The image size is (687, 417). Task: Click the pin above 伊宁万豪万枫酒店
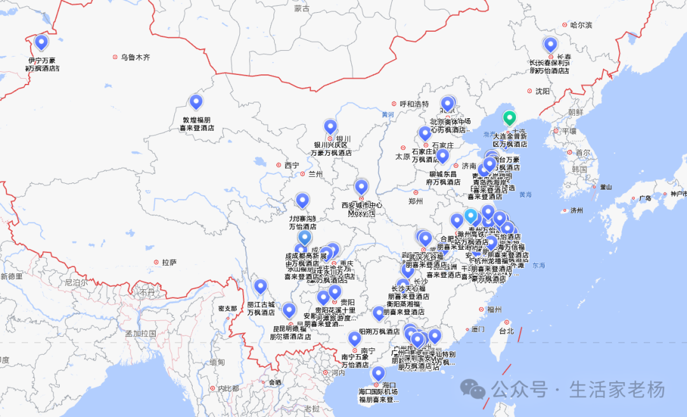[x=41, y=43]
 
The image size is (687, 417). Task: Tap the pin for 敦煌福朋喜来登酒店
[x=196, y=102]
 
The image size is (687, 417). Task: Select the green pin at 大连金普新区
[x=509, y=118]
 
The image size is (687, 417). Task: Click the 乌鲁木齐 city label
[x=135, y=57]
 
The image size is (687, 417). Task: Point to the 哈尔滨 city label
[x=581, y=25]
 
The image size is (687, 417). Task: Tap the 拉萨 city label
[x=169, y=262]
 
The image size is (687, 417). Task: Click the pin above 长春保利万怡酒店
[x=550, y=44]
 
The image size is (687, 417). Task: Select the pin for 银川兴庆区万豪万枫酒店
[x=330, y=126]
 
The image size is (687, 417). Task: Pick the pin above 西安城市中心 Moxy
[x=361, y=187]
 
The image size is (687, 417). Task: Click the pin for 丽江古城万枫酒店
[x=260, y=287]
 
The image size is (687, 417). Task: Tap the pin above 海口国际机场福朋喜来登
[x=378, y=374]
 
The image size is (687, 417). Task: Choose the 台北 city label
[x=506, y=331]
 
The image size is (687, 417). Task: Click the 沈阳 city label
[x=542, y=91]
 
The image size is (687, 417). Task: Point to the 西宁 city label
[x=291, y=165]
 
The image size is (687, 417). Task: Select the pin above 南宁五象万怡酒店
[x=354, y=339]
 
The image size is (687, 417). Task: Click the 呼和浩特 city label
[x=414, y=104]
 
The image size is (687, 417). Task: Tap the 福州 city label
[x=494, y=310]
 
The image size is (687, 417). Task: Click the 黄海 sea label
[x=525, y=194]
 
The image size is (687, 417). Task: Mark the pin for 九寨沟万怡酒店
[x=302, y=201]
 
